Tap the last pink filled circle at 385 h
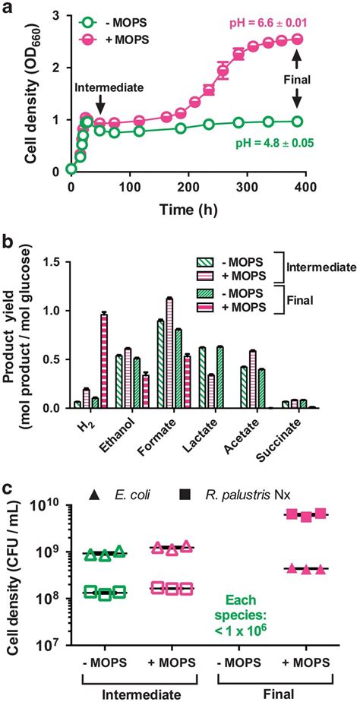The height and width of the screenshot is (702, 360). [297, 39]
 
